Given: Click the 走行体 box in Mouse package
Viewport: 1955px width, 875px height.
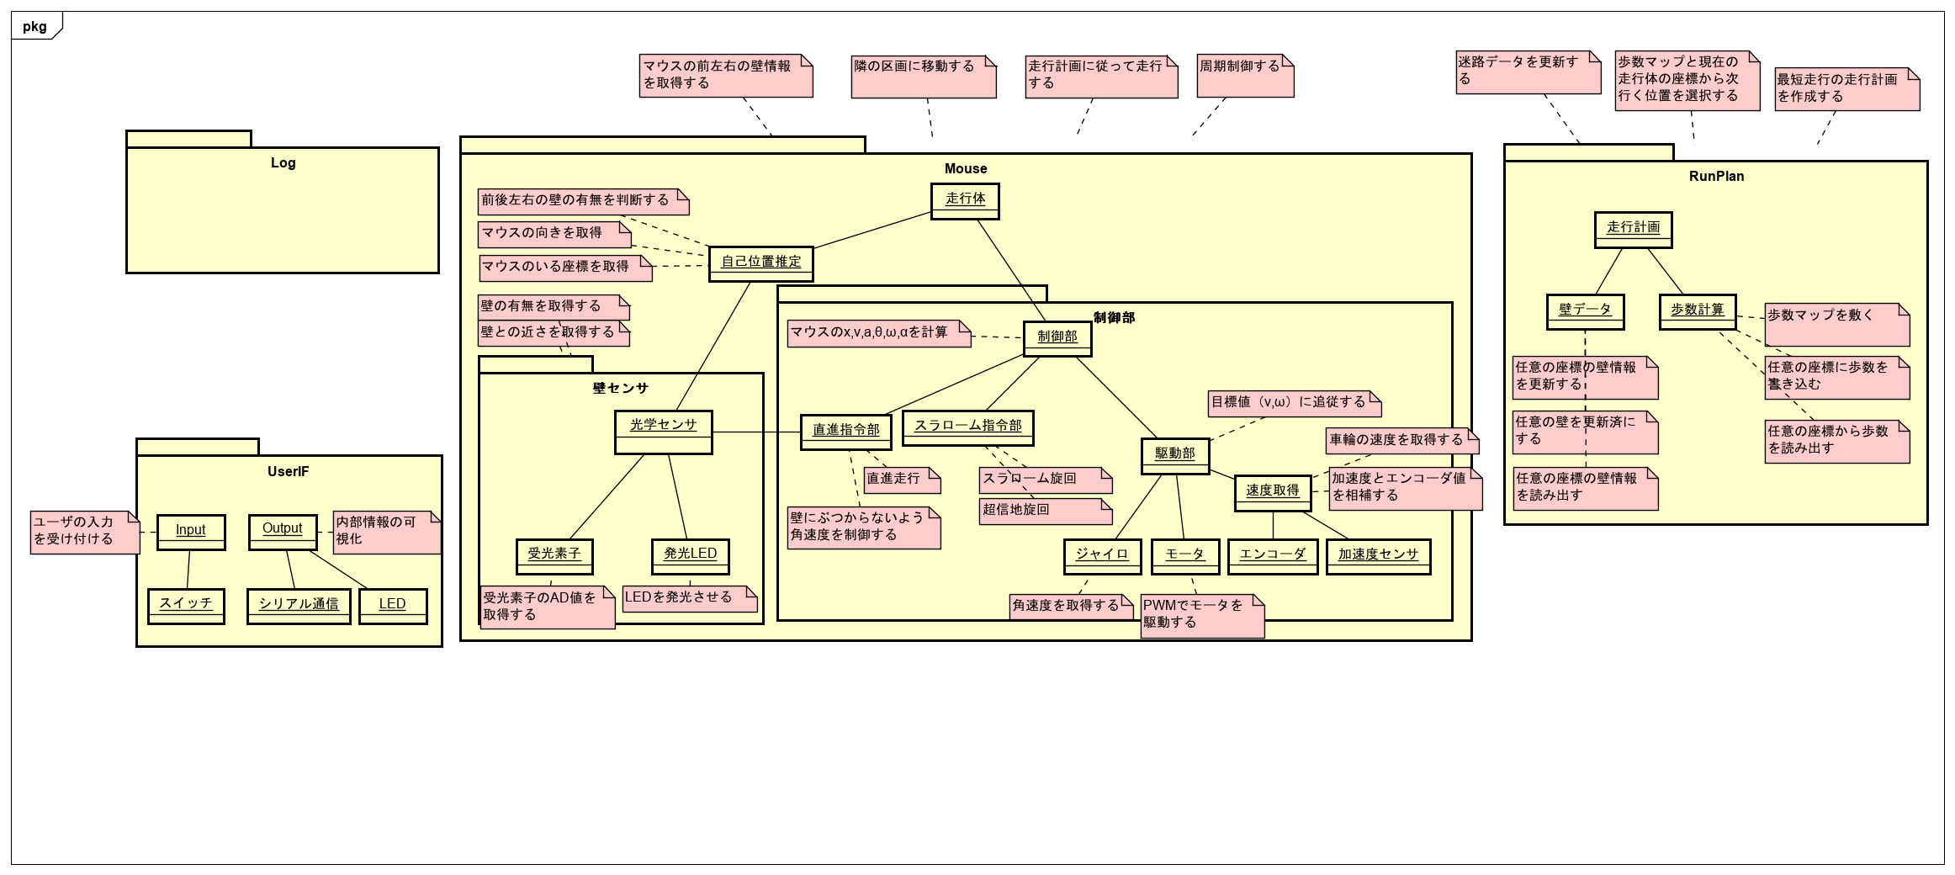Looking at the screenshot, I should click(965, 201).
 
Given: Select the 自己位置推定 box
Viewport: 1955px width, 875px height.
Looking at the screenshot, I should click(760, 263).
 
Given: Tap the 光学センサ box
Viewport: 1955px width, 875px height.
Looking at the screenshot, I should click(663, 432).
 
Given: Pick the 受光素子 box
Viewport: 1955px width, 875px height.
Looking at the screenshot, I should click(554, 555).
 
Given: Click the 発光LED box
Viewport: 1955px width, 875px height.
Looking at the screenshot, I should click(690, 555).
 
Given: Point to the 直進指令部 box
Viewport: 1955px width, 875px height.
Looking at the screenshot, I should click(845, 432).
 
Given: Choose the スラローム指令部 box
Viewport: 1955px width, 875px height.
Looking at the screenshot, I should click(967, 427).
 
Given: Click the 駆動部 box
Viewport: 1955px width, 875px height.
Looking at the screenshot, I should click(1175, 455).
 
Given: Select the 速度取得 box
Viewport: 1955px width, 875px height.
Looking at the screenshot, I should click(1272, 492).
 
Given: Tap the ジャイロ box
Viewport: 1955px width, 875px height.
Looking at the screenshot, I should click(1102, 556).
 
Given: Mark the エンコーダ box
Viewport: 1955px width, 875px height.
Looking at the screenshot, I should click(1272, 556).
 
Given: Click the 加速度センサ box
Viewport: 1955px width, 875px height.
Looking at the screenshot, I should click(1378, 556).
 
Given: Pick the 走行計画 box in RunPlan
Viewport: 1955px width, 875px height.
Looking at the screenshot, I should click(1633, 229).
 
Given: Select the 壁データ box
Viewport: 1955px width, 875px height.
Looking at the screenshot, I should click(1585, 311).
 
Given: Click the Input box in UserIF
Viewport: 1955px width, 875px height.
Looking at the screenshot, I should click(191, 532).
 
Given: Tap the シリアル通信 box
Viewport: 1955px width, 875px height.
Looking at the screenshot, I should click(299, 606).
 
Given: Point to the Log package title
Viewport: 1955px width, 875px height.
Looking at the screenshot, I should click(283, 163).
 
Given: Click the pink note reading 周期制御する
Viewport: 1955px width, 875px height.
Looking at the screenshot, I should click(1244, 75).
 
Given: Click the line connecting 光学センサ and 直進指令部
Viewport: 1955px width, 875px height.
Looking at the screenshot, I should click(756, 432).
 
